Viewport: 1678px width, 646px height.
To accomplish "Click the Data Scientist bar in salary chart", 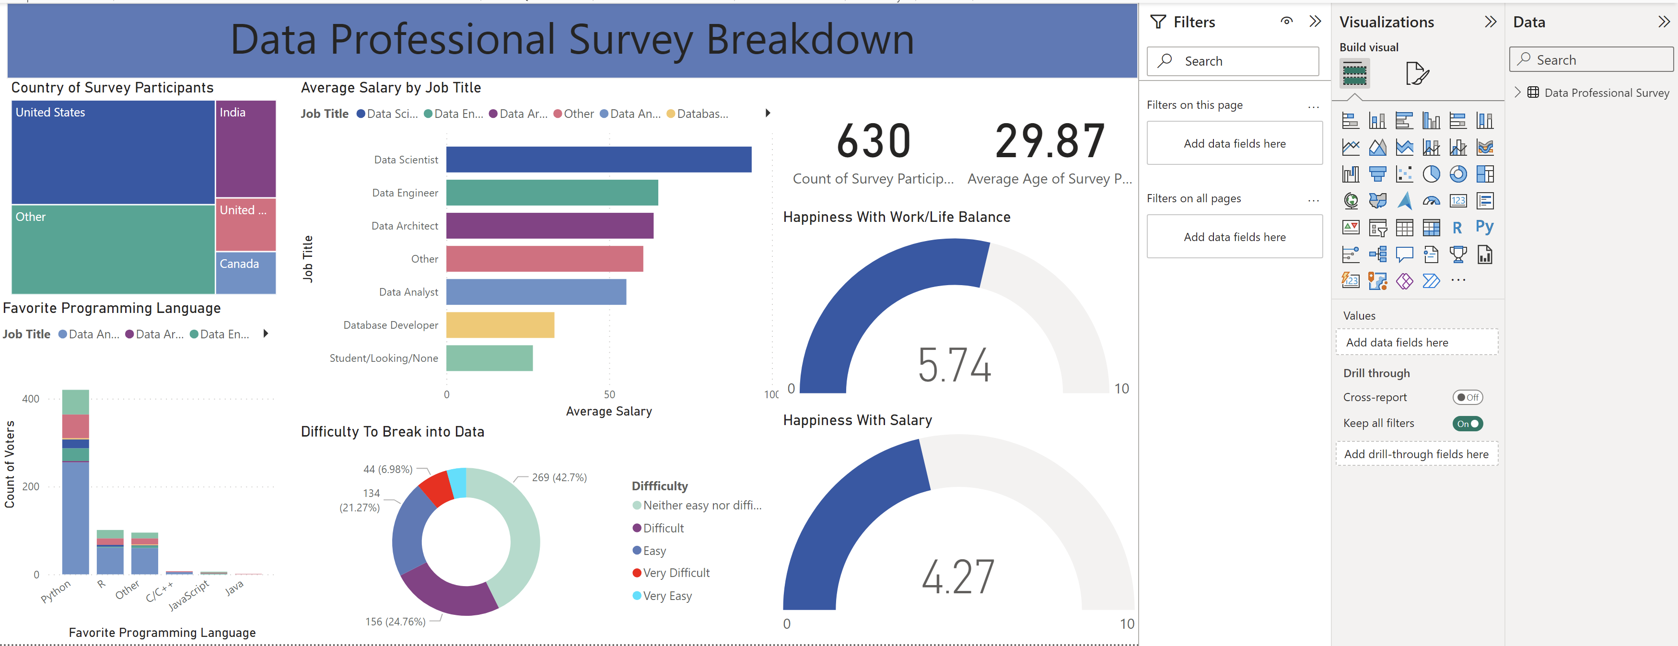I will [598, 160].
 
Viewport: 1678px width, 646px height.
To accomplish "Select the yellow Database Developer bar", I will [500, 325].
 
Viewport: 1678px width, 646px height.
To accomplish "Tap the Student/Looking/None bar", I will [489, 358].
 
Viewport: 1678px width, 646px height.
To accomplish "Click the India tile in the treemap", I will [245, 149].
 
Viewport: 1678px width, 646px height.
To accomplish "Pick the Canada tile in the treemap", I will [245, 272].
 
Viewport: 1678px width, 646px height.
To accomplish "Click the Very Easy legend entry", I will [666, 596].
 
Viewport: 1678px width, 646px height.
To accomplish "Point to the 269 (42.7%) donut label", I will [559, 477].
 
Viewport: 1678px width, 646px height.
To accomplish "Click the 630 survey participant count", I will [873, 141].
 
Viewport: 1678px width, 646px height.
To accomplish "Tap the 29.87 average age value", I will [1049, 141].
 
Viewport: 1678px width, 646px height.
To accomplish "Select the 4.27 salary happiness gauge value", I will [957, 577].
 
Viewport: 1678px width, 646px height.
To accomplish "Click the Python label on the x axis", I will [56, 591].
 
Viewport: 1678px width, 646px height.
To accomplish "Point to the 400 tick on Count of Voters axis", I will [31, 399].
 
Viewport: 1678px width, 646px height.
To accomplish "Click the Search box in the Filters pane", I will [1233, 61].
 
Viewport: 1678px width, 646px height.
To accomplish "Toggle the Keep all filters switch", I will [1467, 423].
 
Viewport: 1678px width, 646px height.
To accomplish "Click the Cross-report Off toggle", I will [1467, 397].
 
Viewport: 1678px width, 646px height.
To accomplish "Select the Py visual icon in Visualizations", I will [1484, 227].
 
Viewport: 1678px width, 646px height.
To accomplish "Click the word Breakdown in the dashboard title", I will [810, 40].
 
